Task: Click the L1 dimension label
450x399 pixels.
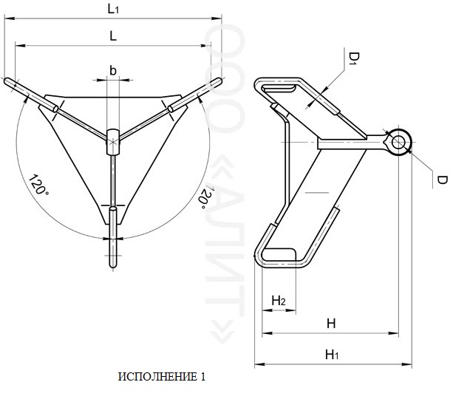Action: pyautogui.click(x=113, y=9)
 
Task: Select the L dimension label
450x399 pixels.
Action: pyautogui.click(x=113, y=36)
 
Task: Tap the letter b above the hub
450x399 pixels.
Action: pyautogui.click(x=113, y=70)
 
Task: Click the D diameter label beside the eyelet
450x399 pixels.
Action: pyautogui.click(x=442, y=180)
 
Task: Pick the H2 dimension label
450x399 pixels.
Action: pyautogui.click(x=279, y=301)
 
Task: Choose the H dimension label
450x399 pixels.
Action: pyautogui.click(x=331, y=324)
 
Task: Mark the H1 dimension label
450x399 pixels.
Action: pyautogui.click(x=332, y=355)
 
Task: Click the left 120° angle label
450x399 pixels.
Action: pyautogui.click(x=38, y=185)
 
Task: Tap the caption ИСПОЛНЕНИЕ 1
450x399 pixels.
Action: pyautogui.click(x=162, y=377)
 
